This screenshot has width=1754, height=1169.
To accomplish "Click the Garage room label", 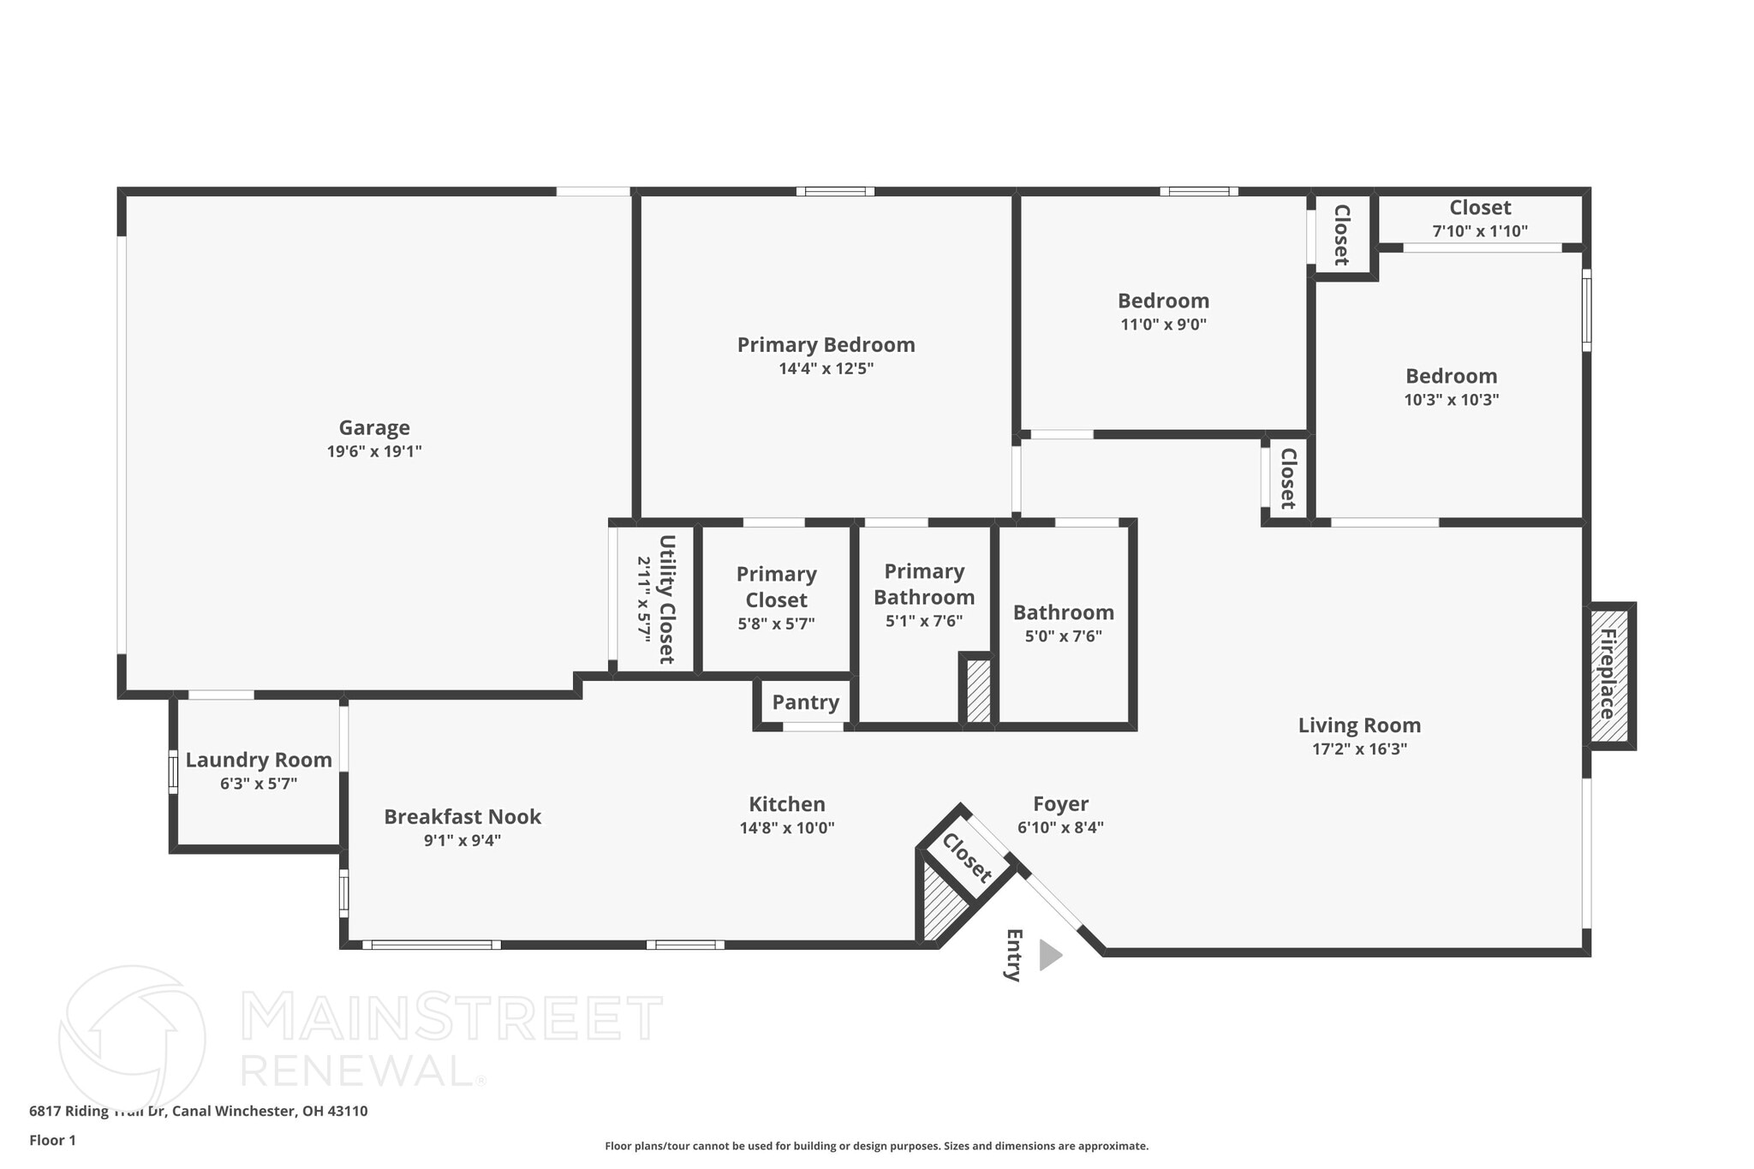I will click(x=374, y=427).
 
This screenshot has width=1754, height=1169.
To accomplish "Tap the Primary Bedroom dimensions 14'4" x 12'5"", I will click(x=826, y=369).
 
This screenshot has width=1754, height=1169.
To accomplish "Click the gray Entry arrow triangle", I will click(x=1048, y=955).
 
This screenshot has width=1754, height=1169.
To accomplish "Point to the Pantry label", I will click(x=805, y=702).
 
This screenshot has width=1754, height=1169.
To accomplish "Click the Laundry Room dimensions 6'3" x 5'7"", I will click(x=259, y=784).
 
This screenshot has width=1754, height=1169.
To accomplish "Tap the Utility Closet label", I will click(x=666, y=599).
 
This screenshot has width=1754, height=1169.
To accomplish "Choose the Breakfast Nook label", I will click(x=462, y=816).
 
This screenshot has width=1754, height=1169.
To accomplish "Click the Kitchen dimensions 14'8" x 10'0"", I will click(x=786, y=828).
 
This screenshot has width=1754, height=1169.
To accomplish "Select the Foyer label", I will click(x=1060, y=803).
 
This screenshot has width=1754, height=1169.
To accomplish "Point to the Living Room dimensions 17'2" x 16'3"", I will click(x=1359, y=749).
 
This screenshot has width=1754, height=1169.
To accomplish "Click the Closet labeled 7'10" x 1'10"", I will click(x=1479, y=208).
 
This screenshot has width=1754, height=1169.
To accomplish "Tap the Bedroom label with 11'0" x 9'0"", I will click(x=1163, y=301).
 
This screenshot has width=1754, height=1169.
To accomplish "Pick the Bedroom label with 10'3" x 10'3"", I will click(x=1451, y=376).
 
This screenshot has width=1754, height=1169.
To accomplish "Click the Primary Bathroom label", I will click(x=924, y=584).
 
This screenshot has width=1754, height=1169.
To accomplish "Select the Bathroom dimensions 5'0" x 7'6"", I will click(x=1063, y=636).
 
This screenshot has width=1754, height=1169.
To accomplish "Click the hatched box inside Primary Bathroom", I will click(x=978, y=690).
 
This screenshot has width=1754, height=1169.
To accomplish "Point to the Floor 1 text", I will click(x=52, y=1141).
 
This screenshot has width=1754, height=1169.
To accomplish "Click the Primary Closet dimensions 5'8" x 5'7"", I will click(x=776, y=624).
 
